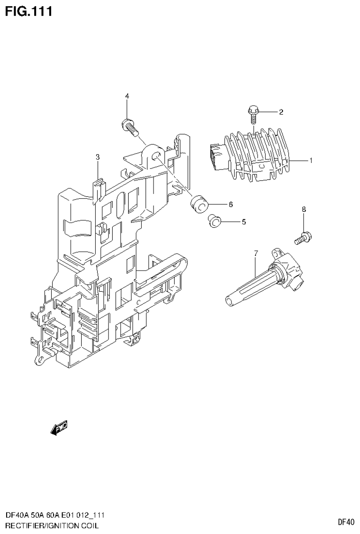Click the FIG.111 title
[28, 10]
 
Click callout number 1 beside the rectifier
[311, 161]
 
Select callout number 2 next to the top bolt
[281, 112]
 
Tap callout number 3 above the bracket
[98, 157]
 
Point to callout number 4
[127, 96]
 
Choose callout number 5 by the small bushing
[244, 221]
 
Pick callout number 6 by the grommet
[230, 204]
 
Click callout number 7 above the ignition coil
[256, 254]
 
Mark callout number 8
[304, 209]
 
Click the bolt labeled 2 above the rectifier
[253, 113]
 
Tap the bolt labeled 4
[130, 126]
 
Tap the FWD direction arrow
[59, 428]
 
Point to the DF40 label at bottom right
[346, 522]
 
